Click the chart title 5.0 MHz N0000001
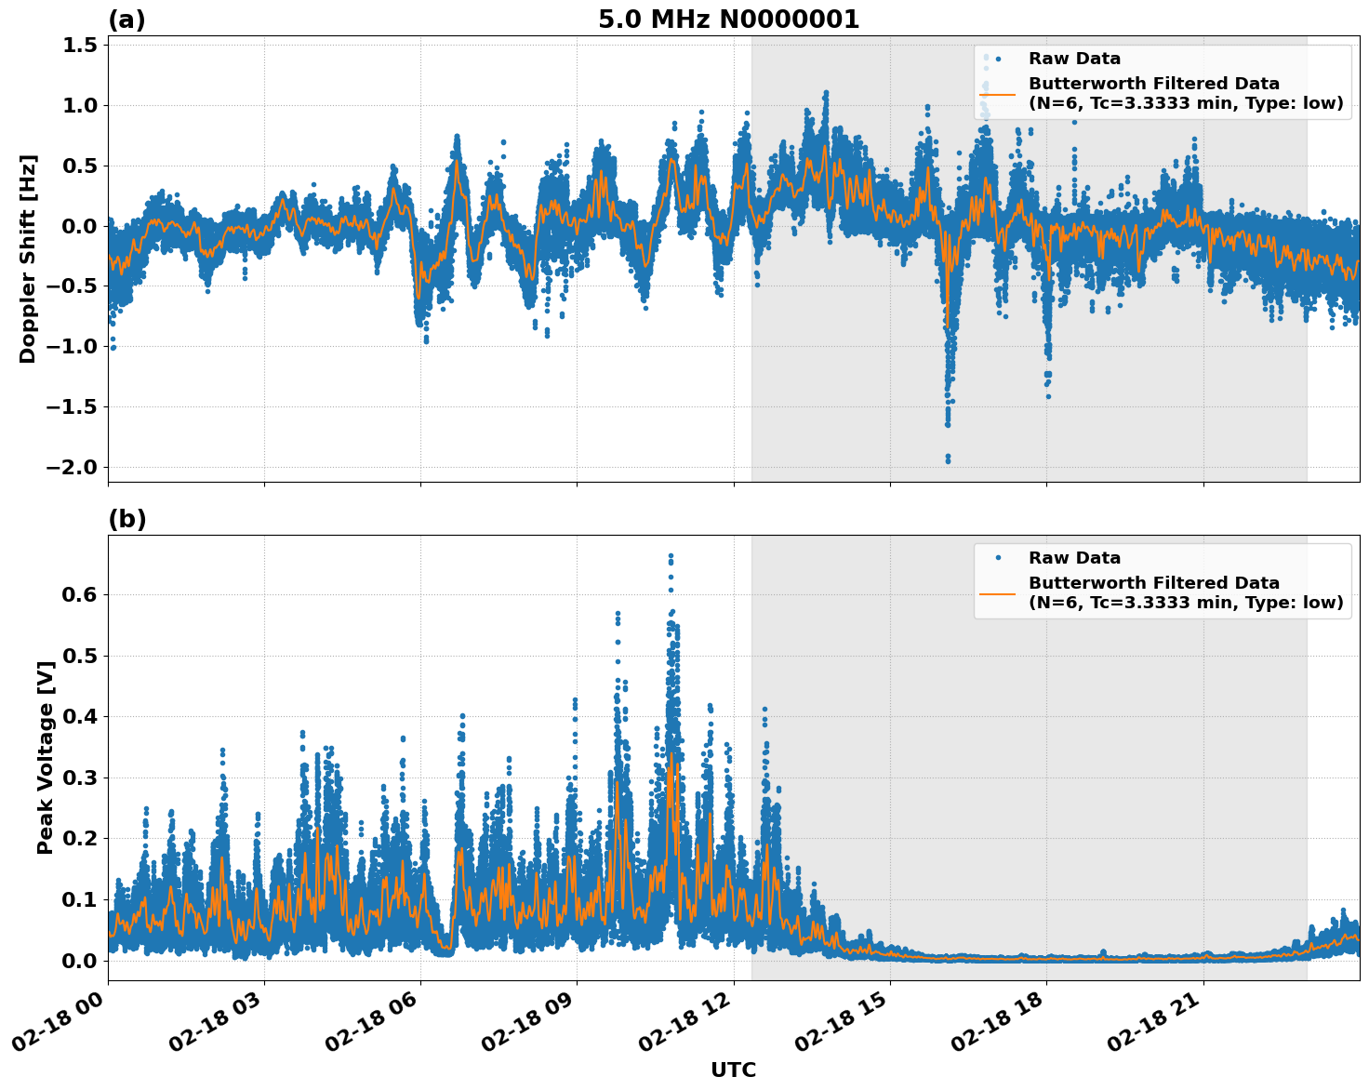[728, 20]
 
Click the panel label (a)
[126, 20]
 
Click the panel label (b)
[126, 519]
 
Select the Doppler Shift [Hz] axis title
[28, 259]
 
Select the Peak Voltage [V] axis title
[46, 757]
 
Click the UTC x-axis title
[733, 1070]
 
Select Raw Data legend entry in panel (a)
[1074, 59]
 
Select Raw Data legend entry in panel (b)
[1074, 558]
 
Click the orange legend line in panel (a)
[997, 94]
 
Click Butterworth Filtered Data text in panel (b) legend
[1153, 583]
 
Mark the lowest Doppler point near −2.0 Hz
[948, 460]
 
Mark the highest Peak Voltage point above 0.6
[671, 556]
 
